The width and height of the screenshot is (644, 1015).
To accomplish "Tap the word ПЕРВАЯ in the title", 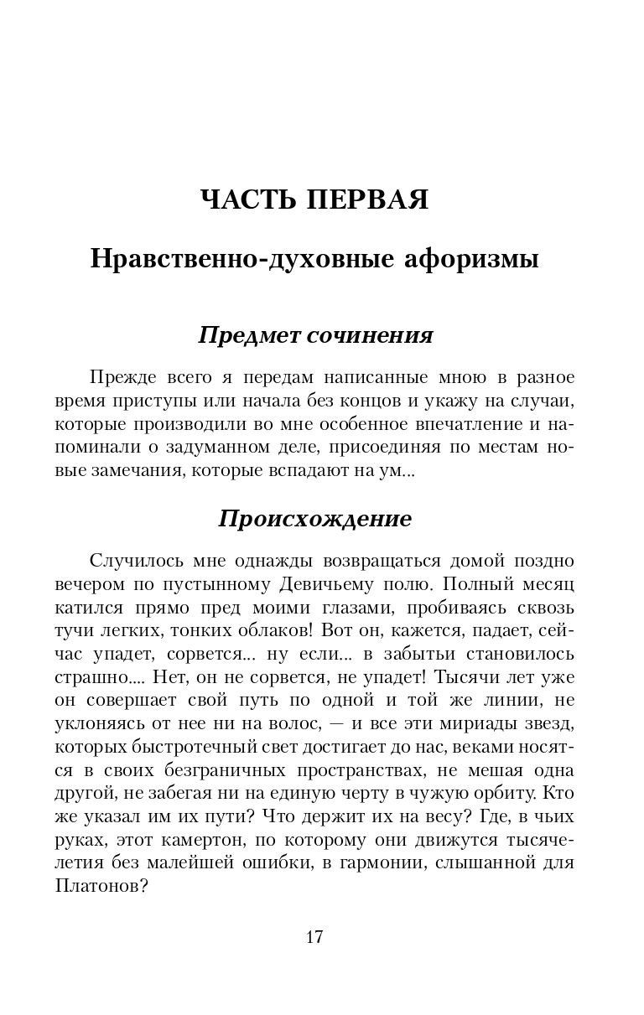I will (x=369, y=200).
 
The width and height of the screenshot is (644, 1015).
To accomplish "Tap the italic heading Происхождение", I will (x=314, y=519).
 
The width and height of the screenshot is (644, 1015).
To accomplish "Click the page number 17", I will (x=314, y=937).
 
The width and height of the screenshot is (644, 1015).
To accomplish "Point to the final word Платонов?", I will (x=101, y=863).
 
